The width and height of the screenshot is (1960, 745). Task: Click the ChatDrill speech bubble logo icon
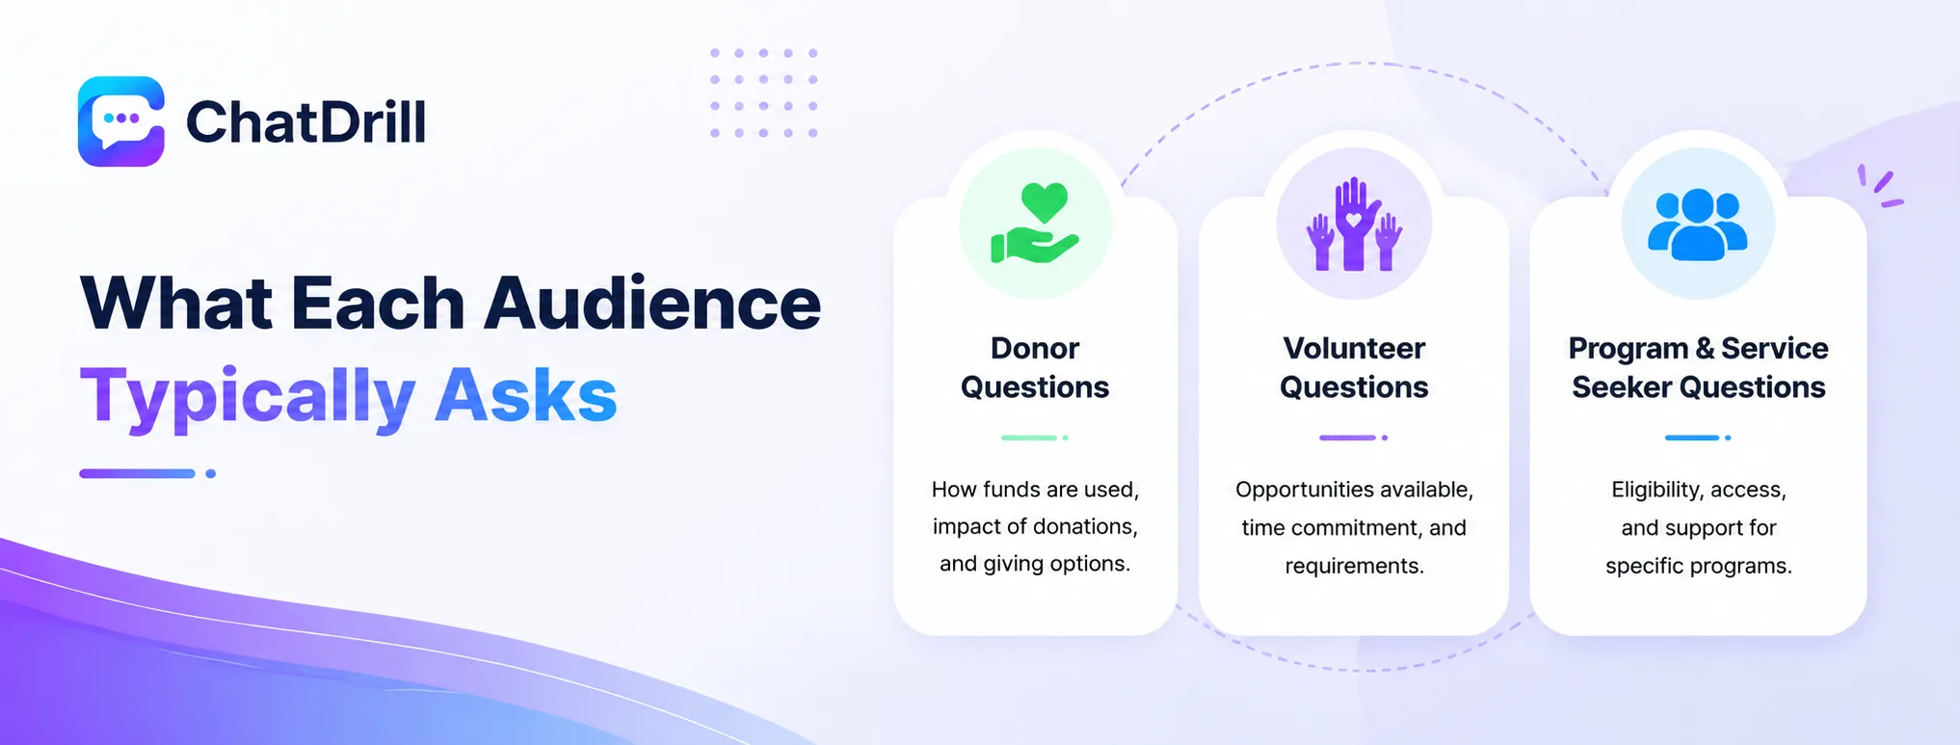coord(121,121)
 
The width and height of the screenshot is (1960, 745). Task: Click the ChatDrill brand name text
coord(305,122)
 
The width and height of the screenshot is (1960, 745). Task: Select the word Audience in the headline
coord(652,304)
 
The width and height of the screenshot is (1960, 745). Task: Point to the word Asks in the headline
coord(525,395)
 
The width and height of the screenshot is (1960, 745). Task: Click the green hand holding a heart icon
coord(1035,224)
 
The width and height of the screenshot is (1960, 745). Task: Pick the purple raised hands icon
coord(1354,224)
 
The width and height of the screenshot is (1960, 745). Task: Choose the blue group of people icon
coord(1697,225)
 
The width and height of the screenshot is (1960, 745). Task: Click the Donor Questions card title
coord(1035,367)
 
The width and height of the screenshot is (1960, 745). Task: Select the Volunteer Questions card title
coord(1354,367)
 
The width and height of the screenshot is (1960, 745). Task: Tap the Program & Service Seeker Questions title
coord(1698,367)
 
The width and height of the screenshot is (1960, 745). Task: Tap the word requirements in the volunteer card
coord(1353,567)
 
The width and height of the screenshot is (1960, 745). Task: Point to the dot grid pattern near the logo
coord(764,93)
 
